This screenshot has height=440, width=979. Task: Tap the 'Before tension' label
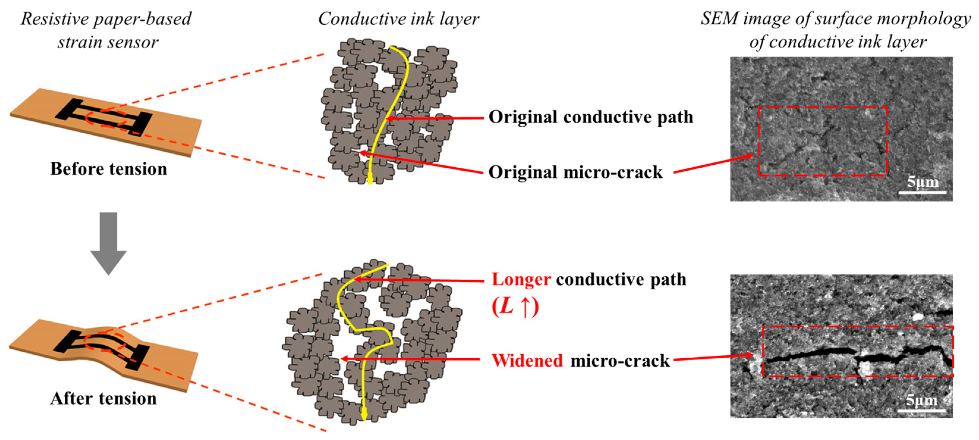pyautogui.click(x=108, y=169)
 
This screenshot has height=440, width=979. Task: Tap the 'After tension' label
pyautogui.click(x=103, y=398)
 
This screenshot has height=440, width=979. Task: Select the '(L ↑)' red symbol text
pyautogui.click(x=515, y=306)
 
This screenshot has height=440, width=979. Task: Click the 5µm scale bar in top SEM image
pyautogui.click(x=922, y=192)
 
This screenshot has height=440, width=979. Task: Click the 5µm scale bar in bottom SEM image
pyautogui.click(x=921, y=410)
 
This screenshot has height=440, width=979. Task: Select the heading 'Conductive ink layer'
pyautogui.click(x=398, y=19)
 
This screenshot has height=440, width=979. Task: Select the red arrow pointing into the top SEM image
pyautogui.click(x=712, y=164)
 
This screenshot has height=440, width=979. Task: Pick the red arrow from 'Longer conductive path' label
pyautogui.click(x=418, y=280)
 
